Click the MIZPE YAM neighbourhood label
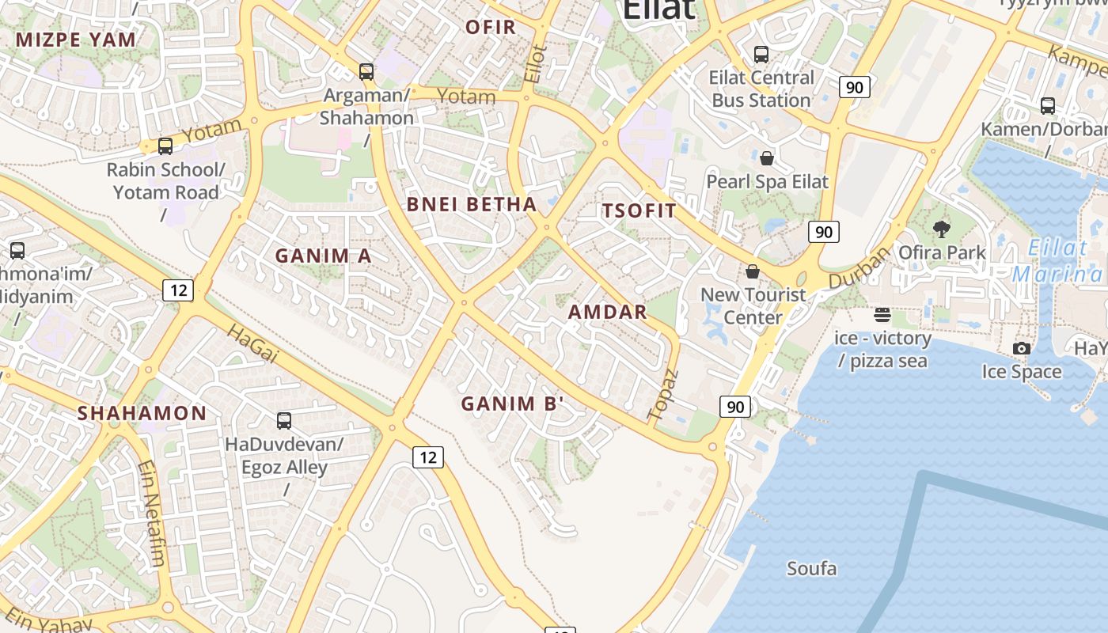[76, 40]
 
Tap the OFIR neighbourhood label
[491, 27]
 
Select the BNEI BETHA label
[472, 204]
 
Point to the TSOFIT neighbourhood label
[639, 210]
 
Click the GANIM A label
[323, 256]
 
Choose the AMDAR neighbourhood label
[608, 312]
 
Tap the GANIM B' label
[513, 404]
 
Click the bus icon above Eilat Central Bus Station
[761, 55]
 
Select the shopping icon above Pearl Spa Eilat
[766, 158]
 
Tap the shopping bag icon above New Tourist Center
[753, 271]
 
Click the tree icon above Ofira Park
[942, 229]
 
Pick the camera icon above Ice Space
[1022, 348]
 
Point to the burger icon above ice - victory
[882, 315]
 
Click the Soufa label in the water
[811, 568]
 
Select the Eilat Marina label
[1059, 261]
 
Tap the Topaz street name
[663, 394]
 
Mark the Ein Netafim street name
[152, 514]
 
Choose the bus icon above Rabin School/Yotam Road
[165, 146]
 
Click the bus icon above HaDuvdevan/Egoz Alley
[284, 421]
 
